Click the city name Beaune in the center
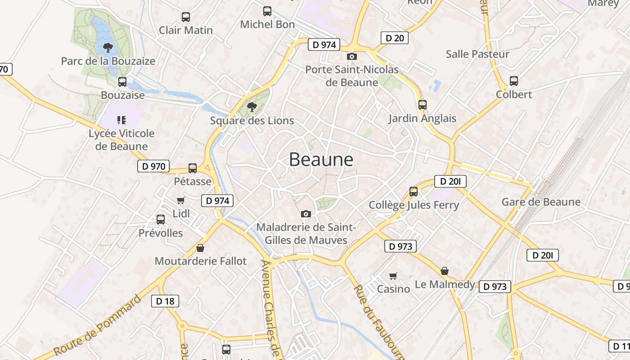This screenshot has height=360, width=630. point(321,159)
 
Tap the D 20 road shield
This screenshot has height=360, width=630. point(395,38)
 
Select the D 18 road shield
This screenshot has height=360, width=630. point(165,301)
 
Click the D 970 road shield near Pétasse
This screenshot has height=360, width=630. point(153,166)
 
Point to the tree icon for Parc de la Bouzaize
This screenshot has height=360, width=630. point(108,47)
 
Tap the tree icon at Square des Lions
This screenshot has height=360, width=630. point(252,107)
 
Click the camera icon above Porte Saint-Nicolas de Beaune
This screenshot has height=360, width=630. point(352,56)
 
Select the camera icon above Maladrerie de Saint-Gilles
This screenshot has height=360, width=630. point(306,214)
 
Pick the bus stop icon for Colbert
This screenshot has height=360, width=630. point(514,81)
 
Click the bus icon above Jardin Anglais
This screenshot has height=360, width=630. point(422,105)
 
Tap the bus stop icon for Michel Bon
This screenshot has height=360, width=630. point(267,11)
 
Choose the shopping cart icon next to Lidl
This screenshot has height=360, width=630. point(181,200)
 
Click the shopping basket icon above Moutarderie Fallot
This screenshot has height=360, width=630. point(200,248)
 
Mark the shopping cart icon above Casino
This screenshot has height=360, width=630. point(393,275)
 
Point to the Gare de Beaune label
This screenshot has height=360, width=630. point(541,202)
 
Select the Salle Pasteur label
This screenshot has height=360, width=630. point(477,54)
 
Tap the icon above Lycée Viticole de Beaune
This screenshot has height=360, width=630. point(121,120)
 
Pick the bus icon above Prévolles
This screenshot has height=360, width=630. point(161,220)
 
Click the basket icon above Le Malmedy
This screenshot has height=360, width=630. point(445,271)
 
